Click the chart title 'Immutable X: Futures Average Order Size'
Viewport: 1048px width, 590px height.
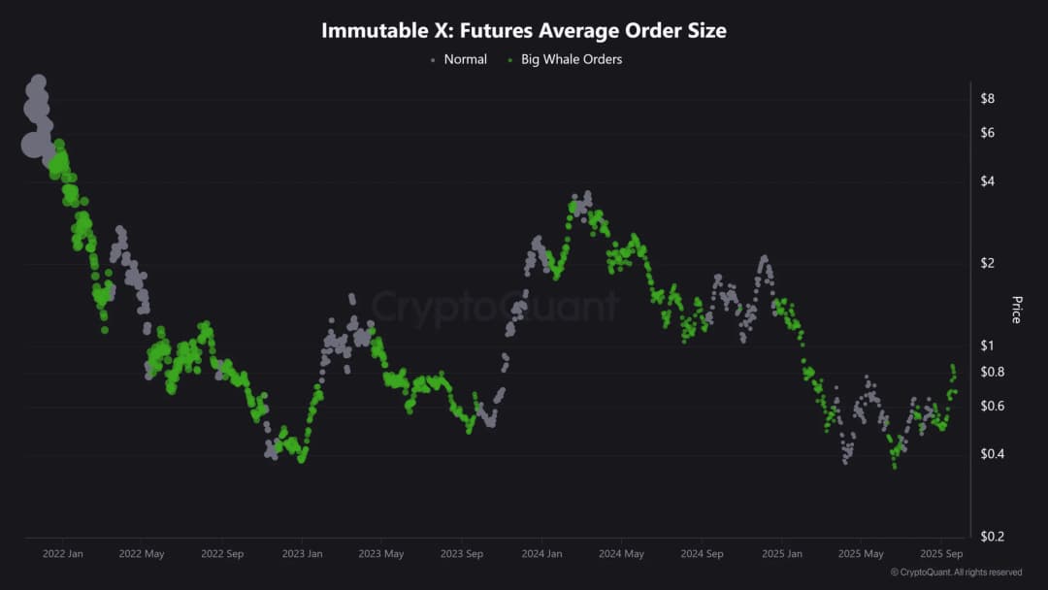(524, 31)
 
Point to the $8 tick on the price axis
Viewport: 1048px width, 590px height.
(988, 98)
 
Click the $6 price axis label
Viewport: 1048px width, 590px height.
(988, 132)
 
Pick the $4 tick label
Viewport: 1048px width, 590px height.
(988, 180)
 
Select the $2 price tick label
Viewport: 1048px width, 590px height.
(988, 262)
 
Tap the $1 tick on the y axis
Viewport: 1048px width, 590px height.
(988, 344)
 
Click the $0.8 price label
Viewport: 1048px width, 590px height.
(992, 372)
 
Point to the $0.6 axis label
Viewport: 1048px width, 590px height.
(992, 406)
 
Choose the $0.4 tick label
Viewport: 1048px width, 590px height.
(992, 454)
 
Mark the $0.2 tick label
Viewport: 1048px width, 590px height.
(992, 537)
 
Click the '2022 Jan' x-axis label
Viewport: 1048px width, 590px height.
(63, 554)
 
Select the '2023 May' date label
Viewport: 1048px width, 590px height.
(381, 554)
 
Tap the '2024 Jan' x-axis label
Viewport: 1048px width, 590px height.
(540, 554)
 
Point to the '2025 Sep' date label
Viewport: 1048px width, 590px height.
(940, 554)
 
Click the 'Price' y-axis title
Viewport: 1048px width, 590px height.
(1017, 310)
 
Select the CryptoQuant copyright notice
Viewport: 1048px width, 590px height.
(956, 573)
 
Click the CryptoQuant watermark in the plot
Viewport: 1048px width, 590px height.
(495, 308)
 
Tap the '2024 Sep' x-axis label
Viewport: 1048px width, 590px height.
(702, 554)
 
